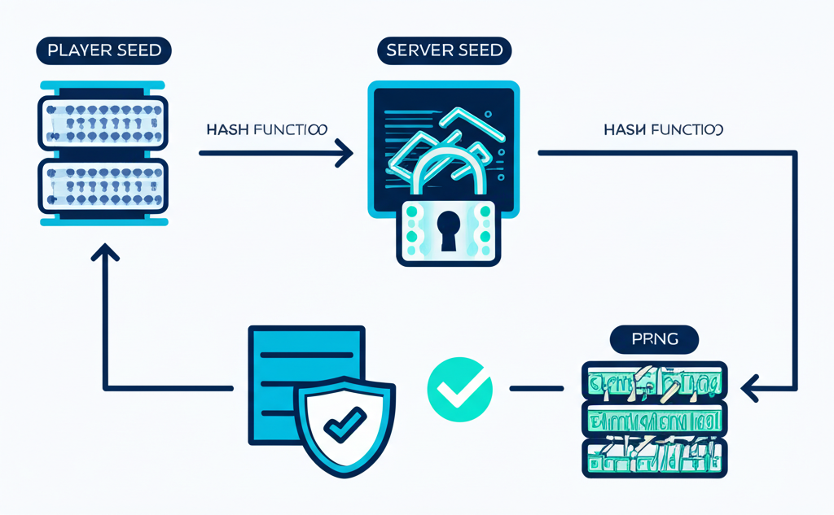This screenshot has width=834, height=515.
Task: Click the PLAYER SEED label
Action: click(x=104, y=50)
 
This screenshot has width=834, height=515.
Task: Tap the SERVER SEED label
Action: click(x=443, y=50)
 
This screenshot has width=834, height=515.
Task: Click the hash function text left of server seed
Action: click(x=267, y=129)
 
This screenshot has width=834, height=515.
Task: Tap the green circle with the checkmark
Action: click(x=459, y=390)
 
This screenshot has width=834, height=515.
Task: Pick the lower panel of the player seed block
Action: click(x=103, y=186)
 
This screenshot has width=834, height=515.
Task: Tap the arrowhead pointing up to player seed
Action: click(x=104, y=253)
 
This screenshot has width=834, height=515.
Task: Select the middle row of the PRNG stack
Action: click(x=654, y=420)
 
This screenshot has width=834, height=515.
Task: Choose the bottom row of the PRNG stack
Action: click(x=654, y=458)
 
